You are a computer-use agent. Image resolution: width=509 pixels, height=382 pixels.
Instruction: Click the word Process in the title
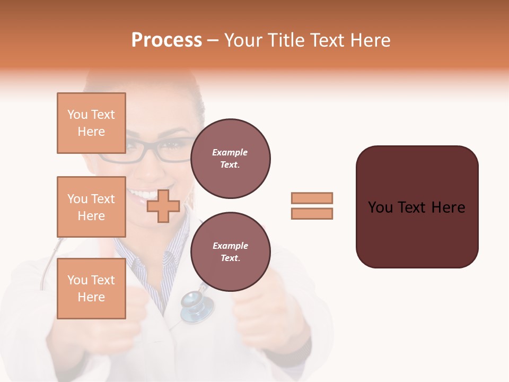[166, 40]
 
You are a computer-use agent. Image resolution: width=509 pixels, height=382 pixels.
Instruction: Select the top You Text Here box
[91, 123]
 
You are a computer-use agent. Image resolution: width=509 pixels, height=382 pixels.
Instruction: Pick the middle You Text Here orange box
[91, 207]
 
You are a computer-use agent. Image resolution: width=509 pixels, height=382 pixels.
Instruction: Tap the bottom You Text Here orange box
[91, 289]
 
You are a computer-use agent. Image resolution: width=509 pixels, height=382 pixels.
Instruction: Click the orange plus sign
[163, 206]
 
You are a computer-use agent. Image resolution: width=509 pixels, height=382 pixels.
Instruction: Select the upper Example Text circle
[230, 159]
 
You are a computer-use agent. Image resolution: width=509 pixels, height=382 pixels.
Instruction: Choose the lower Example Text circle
[230, 252]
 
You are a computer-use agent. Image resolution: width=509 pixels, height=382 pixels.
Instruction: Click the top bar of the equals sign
[312, 198]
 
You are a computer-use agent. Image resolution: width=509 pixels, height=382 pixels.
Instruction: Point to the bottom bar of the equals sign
[312, 213]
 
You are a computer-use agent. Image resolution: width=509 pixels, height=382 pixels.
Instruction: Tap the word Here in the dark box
[448, 207]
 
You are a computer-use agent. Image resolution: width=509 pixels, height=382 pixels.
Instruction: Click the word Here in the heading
[370, 40]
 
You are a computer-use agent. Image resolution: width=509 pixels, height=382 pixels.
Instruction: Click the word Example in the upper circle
[230, 153]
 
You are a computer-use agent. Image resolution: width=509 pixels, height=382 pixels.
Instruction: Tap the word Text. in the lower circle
[230, 258]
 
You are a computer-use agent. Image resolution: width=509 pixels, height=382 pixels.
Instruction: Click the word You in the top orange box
[77, 115]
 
